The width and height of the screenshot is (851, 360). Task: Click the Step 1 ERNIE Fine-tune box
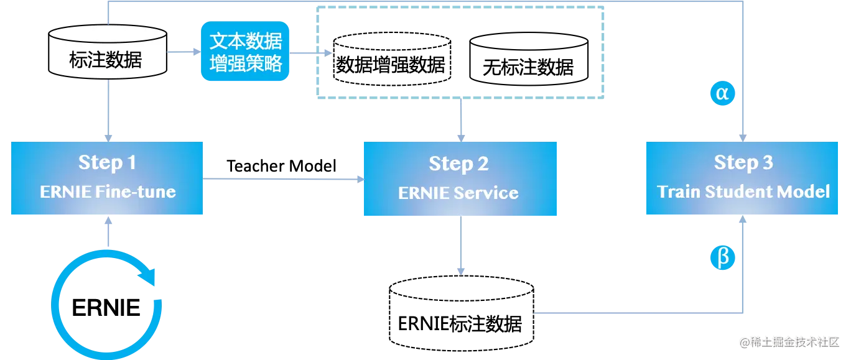click(107, 178)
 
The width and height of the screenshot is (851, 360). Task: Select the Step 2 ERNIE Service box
click(460, 179)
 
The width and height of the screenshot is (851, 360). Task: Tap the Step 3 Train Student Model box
click(743, 178)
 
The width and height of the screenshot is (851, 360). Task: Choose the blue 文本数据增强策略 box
click(246, 53)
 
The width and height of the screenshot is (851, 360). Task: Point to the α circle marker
click(722, 93)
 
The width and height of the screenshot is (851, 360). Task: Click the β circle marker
click(723, 257)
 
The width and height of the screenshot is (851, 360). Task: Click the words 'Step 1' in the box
click(107, 163)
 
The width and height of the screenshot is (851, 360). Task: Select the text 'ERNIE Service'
click(458, 193)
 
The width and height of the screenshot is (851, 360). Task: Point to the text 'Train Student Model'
click(743, 191)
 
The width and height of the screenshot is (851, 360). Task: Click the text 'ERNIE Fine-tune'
click(108, 192)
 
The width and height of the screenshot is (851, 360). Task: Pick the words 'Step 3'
click(743, 163)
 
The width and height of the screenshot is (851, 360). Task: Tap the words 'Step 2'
click(458, 164)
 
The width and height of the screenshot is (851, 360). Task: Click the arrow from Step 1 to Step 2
click(283, 179)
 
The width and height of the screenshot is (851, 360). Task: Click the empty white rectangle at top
click(460, 52)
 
